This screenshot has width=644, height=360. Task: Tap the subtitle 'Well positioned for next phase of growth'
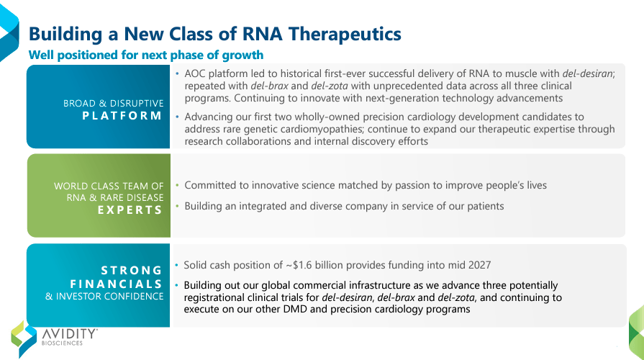click(x=145, y=55)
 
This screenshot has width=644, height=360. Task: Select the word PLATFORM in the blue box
click(x=122, y=116)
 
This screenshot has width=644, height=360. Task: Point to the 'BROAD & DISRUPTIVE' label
click(x=114, y=103)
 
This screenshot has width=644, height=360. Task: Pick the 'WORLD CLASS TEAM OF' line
click(x=109, y=186)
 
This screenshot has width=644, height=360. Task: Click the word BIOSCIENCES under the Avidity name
click(x=62, y=344)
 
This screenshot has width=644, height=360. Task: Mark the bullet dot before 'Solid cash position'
click(x=176, y=265)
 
